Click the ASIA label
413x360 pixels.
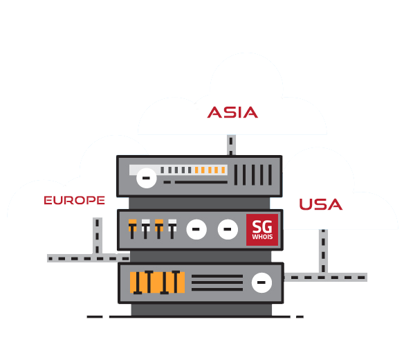(232, 112)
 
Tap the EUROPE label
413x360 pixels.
(74, 200)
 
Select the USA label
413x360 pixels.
(320, 205)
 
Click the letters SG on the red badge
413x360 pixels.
(261, 226)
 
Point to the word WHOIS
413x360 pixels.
(261, 237)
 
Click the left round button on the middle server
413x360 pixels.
(196, 228)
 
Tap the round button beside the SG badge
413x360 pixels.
(227, 228)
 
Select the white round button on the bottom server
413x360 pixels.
(261, 282)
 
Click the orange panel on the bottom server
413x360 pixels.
(157, 282)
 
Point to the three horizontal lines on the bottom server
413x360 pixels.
(217, 282)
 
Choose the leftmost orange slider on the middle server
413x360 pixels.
(132, 228)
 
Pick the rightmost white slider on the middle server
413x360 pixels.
(172, 228)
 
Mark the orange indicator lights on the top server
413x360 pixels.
(210, 170)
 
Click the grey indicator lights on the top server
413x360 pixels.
(177, 170)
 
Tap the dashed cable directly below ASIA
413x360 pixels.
(231, 145)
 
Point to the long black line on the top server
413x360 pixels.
(200, 182)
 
